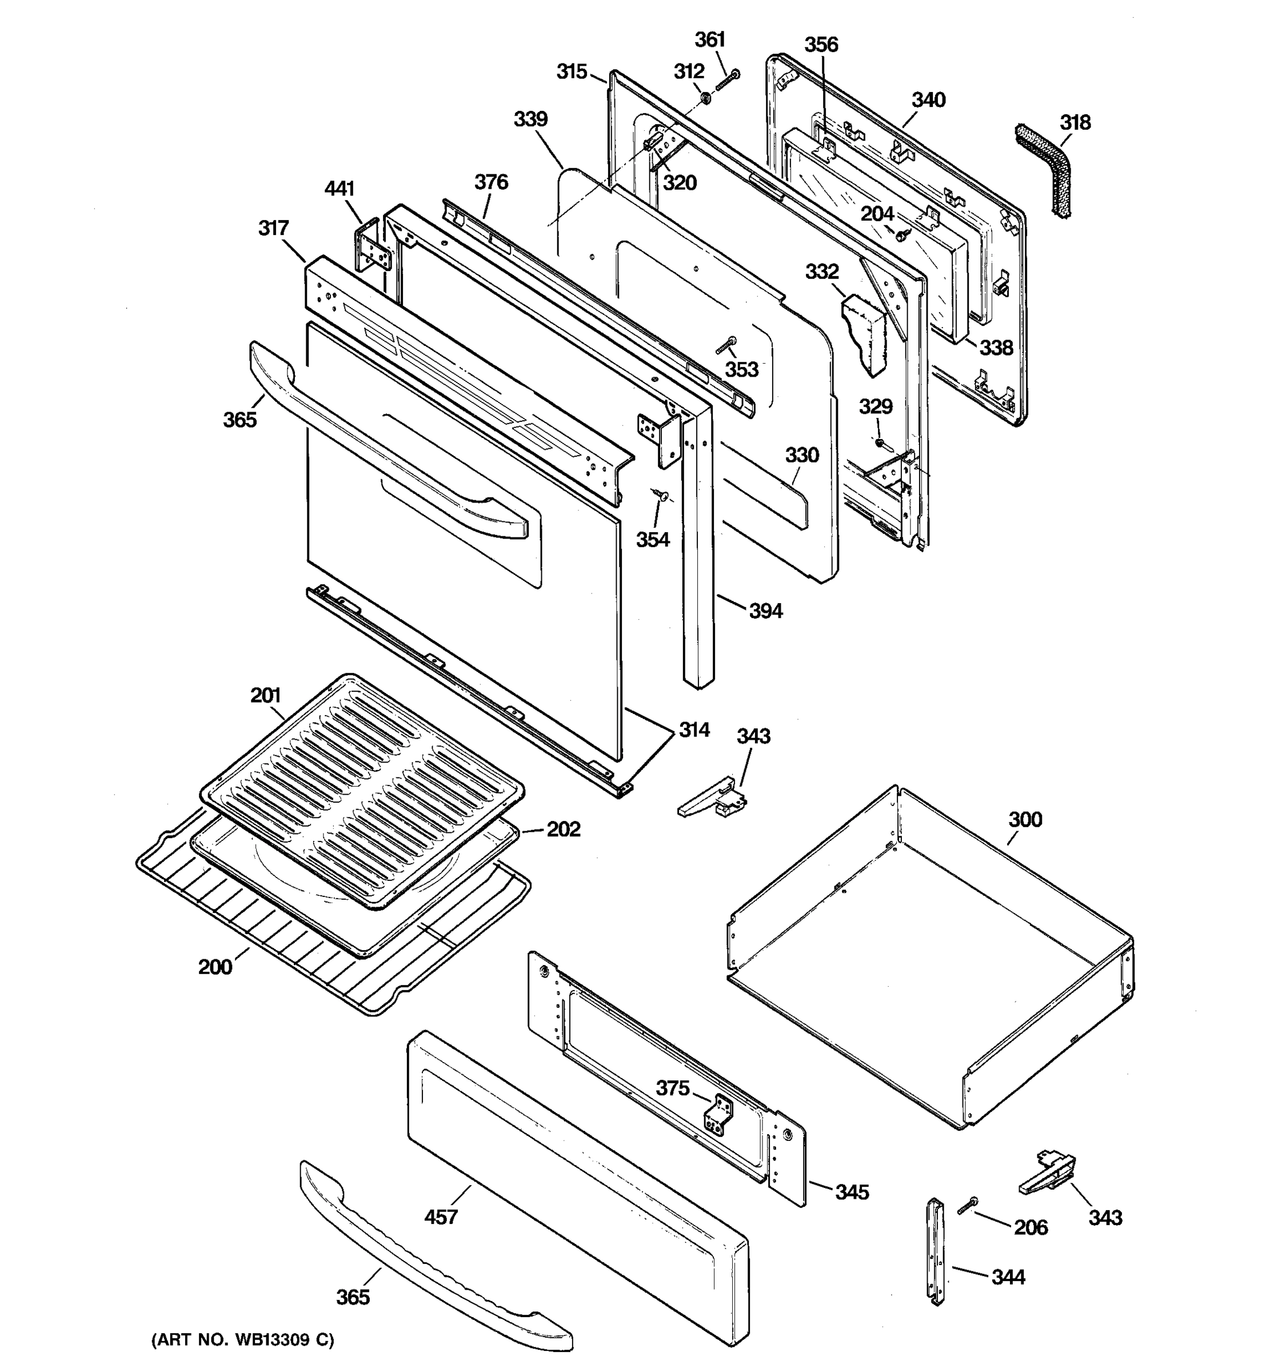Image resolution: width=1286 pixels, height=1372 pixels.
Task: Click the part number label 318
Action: [x=1075, y=123]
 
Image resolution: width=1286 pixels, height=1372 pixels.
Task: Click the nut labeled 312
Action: [x=706, y=99]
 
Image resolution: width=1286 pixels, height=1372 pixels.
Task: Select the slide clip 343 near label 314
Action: [x=714, y=799]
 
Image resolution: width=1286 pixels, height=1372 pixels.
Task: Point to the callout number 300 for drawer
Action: [x=1025, y=820]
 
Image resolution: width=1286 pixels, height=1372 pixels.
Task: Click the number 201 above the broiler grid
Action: [x=266, y=696]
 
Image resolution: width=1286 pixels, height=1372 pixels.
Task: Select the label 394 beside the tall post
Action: [x=766, y=611]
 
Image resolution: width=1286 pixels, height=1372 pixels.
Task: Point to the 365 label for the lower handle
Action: [x=353, y=1298]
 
